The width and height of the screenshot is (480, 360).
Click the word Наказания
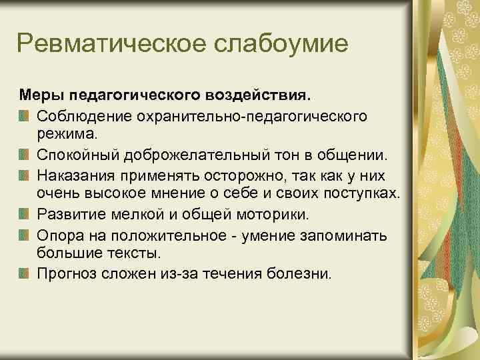(74, 175)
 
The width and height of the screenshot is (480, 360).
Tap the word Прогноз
(65, 273)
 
